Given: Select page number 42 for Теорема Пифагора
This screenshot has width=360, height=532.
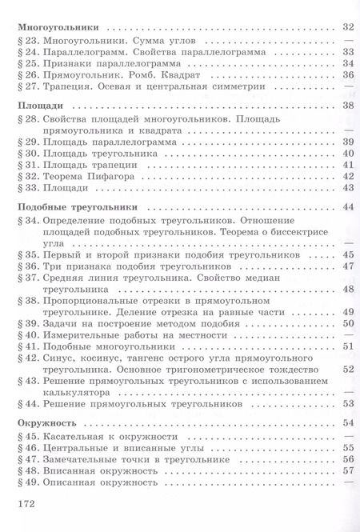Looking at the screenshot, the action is (x=347, y=176).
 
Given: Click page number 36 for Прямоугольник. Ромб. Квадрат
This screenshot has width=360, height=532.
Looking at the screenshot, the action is (x=347, y=75).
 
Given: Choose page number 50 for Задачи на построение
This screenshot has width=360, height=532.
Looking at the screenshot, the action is (x=347, y=323).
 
